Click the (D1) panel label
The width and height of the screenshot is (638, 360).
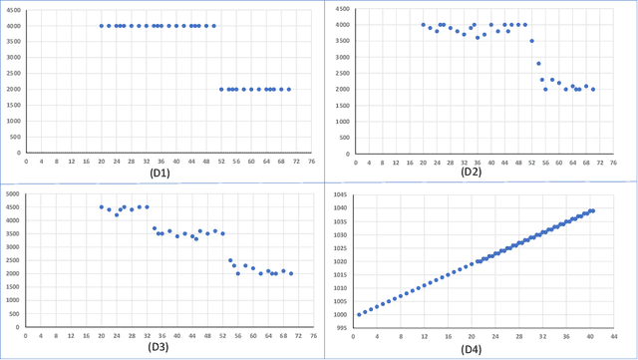click(x=159, y=172)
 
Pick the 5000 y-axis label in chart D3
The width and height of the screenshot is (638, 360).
click(x=12, y=194)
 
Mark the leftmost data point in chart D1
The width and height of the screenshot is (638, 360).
click(x=102, y=26)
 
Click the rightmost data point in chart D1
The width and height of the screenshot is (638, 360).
click(x=288, y=89)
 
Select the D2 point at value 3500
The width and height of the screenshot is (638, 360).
click(x=531, y=41)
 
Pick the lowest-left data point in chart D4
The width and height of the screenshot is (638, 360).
click(x=359, y=314)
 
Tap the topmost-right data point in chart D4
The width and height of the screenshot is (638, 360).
click(x=593, y=210)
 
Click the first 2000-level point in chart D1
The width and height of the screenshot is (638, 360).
click(x=221, y=89)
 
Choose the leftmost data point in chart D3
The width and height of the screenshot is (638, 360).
click(x=102, y=207)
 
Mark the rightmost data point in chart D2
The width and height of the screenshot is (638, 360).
click(x=593, y=89)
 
